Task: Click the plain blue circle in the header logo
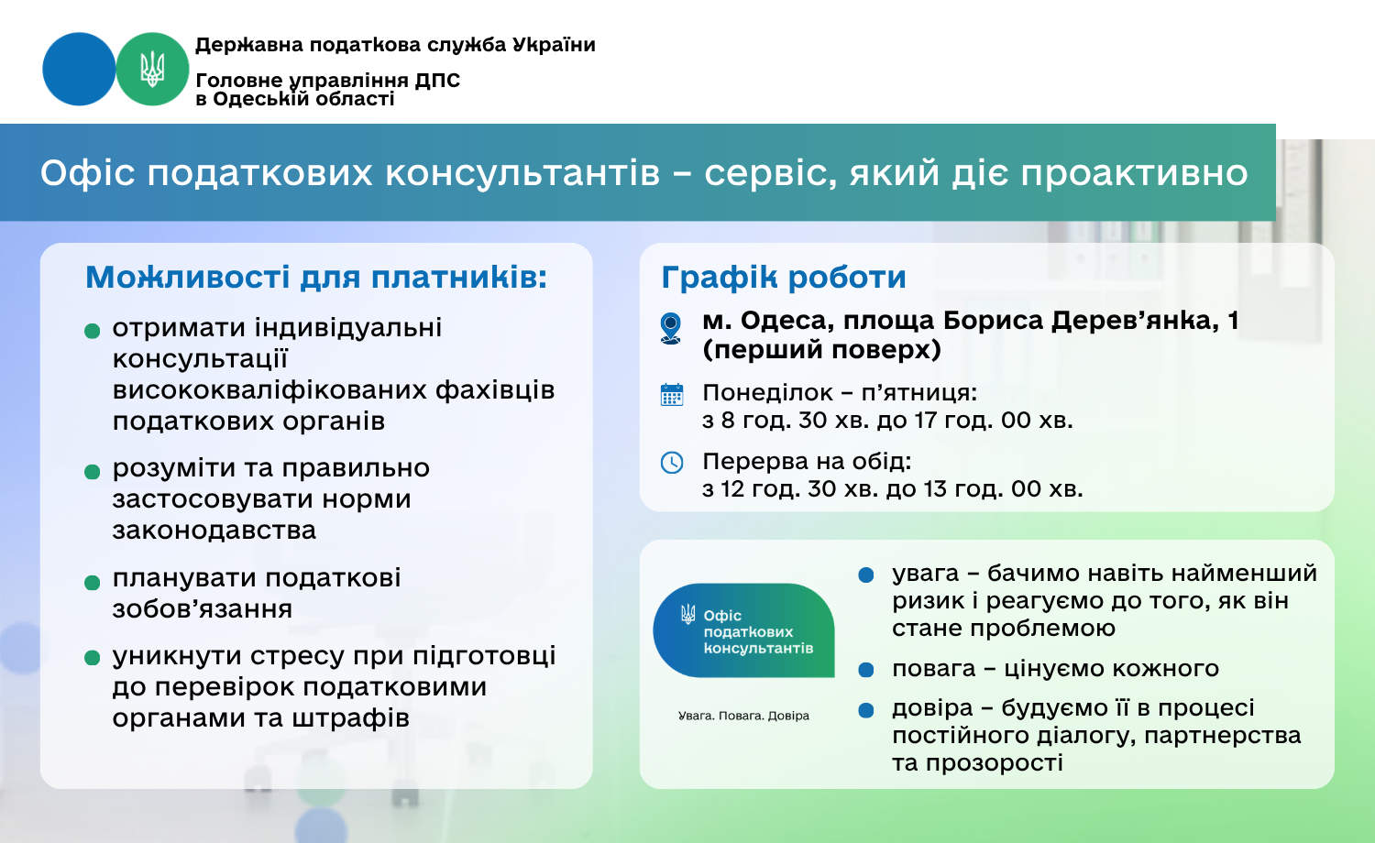click(79, 69)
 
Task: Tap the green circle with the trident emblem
click(152, 69)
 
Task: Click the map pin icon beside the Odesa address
click(671, 328)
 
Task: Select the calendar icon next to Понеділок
click(672, 395)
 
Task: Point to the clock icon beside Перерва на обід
click(672, 463)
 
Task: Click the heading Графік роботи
click(784, 278)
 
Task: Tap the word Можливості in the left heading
click(188, 277)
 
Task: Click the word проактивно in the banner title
click(1135, 173)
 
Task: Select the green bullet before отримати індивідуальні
click(92, 332)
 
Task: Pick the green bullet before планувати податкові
click(92, 582)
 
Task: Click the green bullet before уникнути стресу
click(92, 658)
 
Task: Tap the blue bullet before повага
click(866, 670)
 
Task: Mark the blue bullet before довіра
click(866, 710)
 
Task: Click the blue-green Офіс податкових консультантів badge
click(743, 630)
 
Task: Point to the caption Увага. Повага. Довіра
click(743, 716)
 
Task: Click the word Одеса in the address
click(786, 321)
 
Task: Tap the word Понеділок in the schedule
click(767, 393)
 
